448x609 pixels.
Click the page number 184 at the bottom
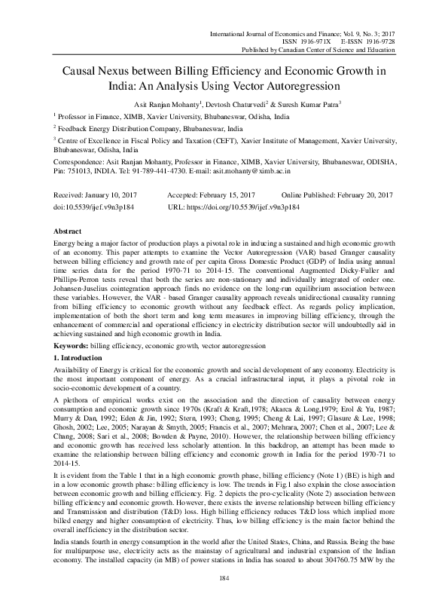coord(224,577)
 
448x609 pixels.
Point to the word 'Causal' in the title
coord(75,72)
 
